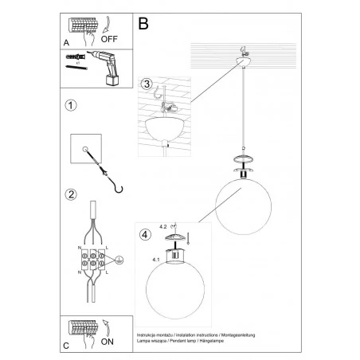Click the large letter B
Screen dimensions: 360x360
143,25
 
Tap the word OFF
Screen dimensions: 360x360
110,37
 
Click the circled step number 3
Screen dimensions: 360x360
145,84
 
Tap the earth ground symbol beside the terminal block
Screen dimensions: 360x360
119,260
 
